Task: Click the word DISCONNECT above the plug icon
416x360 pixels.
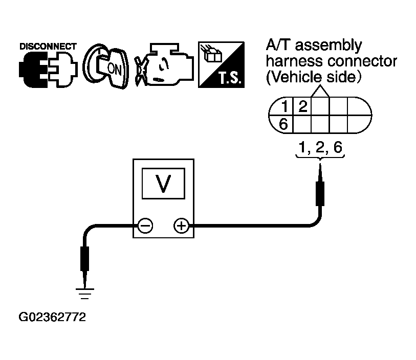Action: (48, 47)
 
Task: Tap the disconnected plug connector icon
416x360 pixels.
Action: (48, 70)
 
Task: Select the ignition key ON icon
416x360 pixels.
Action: (105, 66)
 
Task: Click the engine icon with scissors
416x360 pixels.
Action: (164, 65)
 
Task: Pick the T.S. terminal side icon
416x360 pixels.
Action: (221, 64)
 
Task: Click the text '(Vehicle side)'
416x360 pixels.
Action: (314, 77)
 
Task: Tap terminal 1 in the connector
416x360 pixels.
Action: (284, 106)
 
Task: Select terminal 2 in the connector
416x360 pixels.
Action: (303, 106)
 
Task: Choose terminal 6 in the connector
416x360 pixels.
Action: (283, 124)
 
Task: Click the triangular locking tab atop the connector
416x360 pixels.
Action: (320, 92)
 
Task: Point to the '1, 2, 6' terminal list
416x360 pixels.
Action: (320, 147)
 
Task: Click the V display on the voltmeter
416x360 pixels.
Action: (163, 184)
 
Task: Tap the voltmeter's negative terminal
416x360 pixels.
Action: (145, 226)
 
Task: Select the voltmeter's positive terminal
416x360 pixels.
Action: (182, 226)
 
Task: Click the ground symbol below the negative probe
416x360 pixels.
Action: (84, 294)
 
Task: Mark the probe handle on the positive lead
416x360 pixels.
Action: (320, 193)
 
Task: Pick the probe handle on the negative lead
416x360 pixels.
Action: (84, 259)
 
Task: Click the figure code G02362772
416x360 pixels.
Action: (52, 317)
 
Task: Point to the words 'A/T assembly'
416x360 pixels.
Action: (314, 45)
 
